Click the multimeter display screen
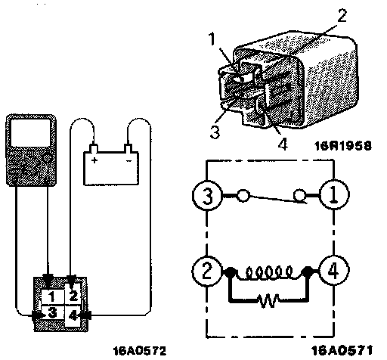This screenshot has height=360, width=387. [31, 132]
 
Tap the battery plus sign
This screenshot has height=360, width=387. [94, 160]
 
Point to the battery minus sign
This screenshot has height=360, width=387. [128, 161]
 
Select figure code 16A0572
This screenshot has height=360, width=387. [140, 350]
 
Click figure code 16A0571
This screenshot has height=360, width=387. [342, 350]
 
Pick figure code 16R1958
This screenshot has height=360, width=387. [343, 145]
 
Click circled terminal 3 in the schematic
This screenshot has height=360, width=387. [207, 196]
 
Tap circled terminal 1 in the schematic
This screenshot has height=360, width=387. [334, 195]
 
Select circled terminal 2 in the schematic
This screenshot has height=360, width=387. [207, 271]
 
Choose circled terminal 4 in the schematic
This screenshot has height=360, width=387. [334, 271]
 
